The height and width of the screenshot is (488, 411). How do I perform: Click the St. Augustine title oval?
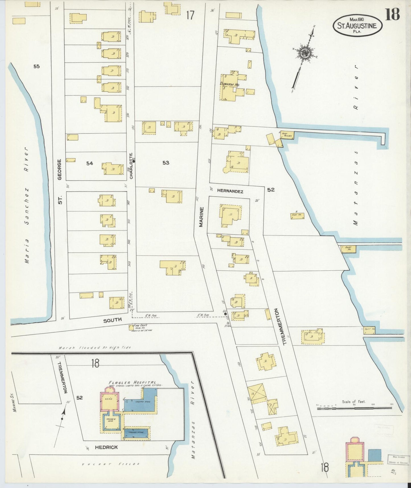tap(358, 26)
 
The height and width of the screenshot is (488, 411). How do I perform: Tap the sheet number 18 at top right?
tap(393, 14)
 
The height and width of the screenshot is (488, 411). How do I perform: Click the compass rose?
tap(305, 53)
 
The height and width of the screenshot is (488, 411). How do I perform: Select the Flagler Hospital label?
tap(132, 382)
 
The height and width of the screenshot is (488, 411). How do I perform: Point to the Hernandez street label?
tap(230, 192)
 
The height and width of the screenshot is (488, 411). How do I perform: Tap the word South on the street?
tap(112, 320)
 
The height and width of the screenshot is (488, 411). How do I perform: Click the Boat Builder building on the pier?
tap(287, 134)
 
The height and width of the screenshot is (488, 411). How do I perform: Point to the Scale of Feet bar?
tap(354, 408)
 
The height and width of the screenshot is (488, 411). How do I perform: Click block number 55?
tap(36, 66)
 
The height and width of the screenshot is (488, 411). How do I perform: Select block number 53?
tap(166, 163)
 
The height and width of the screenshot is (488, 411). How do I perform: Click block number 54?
tap(90, 163)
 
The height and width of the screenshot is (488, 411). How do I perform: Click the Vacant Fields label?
tap(111, 464)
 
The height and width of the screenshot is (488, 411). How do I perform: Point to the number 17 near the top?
tap(190, 15)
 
